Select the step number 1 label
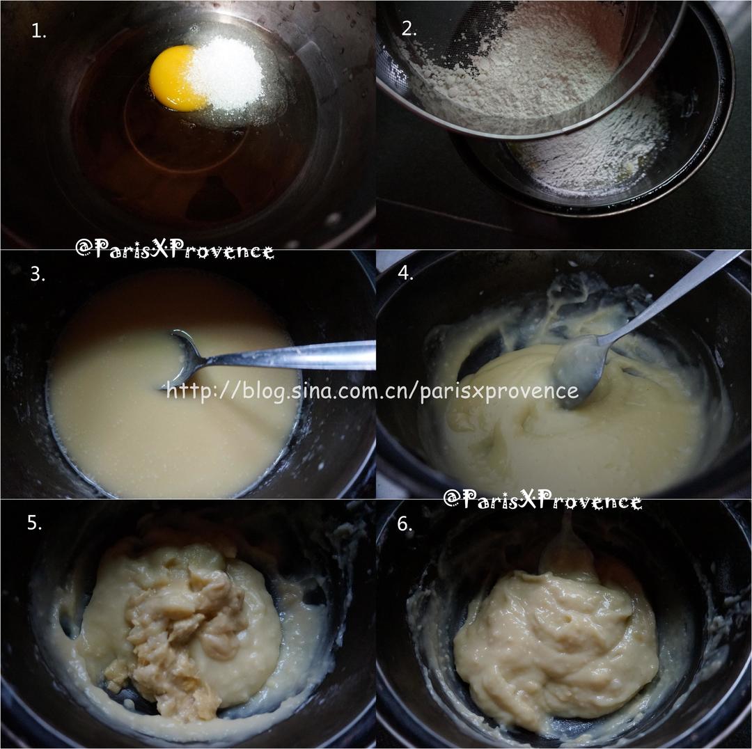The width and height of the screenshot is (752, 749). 38,31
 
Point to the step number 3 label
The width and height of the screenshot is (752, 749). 38,274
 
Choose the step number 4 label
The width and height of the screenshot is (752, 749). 406,273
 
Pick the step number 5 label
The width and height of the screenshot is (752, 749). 35,523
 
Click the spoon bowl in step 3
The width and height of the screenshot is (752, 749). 182,357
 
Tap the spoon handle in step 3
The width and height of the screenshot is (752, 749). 288,355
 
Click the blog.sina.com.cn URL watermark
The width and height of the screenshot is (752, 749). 373,391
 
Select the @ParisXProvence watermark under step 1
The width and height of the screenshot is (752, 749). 175,249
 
